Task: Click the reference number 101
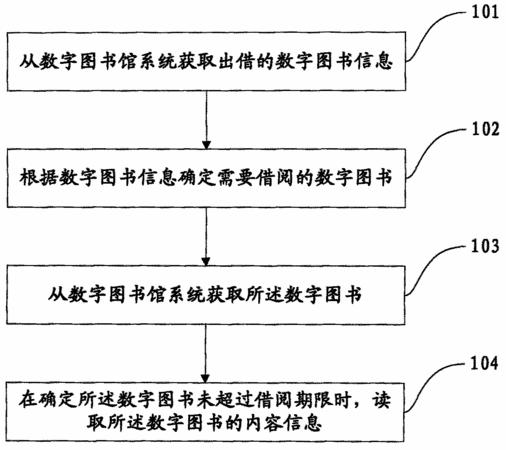point(485,12)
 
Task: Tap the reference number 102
point(486,129)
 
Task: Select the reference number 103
point(485,246)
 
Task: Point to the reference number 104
point(484,363)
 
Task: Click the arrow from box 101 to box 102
point(206,120)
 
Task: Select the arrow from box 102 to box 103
point(206,237)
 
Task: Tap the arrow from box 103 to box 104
point(205,354)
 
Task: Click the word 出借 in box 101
point(236,61)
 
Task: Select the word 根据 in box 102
point(38,177)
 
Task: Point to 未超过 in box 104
point(226,400)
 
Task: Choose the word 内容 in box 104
point(265,423)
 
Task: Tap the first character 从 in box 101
point(28,61)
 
